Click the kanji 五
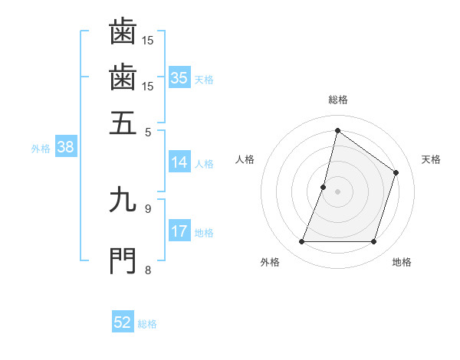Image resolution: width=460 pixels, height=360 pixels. pyautogui.click(x=123, y=123)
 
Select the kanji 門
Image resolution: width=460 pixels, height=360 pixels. pyautogui.click(x=123, y=260)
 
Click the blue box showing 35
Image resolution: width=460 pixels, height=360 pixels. pyautogui.click(x=179, y=78)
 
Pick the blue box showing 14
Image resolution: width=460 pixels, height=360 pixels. pyautogui.click(x=179, y=162)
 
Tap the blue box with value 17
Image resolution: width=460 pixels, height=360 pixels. pyautogui.click(x=179, y=231)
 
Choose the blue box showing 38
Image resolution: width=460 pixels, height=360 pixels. pyautogui.click(x=64, y=148)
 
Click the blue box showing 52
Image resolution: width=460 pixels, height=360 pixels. pyautogui.click(x=123, y=322)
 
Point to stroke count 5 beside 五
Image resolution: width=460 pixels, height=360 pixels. pyautogui.click(x=148, y=131)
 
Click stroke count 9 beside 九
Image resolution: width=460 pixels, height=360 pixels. pyautogui.click(x=148, y=208)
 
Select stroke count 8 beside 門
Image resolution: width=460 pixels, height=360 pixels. pyautogui.click(x=148, y=269)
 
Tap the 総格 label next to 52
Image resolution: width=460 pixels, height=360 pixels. pyautogui.click(x=147, y=324)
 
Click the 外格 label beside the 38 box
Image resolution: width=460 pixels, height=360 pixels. pyautogui.click(x=41, y=149)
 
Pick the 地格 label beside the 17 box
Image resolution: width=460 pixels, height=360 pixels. pyautogui.click(x=204, y=233)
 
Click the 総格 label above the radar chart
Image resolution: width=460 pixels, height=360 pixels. pyautogui.click(x=337, y=100)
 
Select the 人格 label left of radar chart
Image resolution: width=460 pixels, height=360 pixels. pyautogui.click(x=245, y=159)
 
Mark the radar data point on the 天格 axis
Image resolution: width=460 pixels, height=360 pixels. pyautogui.click(x=396, y=172)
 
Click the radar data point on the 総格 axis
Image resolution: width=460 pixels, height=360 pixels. pyautogui.click(x=337, y=130)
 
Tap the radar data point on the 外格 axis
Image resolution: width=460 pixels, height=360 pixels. pyautogui.click(x=301, y=242)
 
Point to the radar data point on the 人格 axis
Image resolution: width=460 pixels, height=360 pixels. pyautogui.click(x=324, y=187)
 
